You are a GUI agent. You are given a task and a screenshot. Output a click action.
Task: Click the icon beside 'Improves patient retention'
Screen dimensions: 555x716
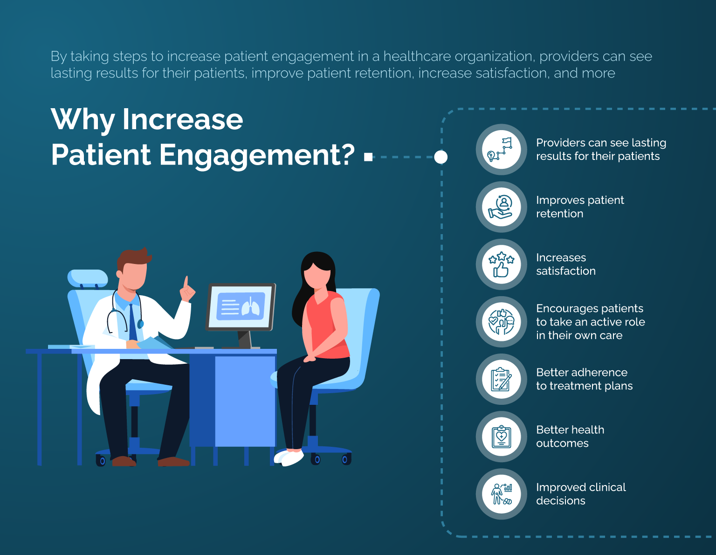tap(501, 207)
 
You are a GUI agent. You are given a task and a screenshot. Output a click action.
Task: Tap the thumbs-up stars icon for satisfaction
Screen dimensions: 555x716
tap(501, 264)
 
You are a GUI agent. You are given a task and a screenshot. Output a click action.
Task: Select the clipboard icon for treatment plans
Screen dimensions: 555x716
tap(501, 379)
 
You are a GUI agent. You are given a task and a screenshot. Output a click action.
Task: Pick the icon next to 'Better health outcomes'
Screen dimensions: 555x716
tap(501, 437)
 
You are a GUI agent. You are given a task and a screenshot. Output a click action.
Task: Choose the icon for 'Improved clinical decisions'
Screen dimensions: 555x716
tap(501, 494)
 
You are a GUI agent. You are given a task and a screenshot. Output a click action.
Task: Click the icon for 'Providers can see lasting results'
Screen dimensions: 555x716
tap(501, 150)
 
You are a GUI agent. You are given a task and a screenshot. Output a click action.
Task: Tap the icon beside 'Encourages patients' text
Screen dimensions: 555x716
tap(501, 322)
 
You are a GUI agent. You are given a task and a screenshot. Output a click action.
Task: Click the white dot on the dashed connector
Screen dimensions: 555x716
tap(441, 157)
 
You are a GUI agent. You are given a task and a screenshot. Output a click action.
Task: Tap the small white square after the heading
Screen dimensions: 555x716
tap(368, 157)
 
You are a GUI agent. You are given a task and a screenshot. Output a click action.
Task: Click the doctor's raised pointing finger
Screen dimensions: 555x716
tap(186, 282)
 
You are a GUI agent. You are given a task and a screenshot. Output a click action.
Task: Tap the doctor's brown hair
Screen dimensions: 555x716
tap(133, 258)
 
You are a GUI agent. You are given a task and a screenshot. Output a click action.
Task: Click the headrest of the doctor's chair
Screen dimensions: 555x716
tap(87, 278)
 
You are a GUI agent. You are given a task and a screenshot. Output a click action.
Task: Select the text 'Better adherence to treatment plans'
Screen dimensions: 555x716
tap(584, 379)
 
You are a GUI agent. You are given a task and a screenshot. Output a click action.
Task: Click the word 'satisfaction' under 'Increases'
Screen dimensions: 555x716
tap(565, 271)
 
